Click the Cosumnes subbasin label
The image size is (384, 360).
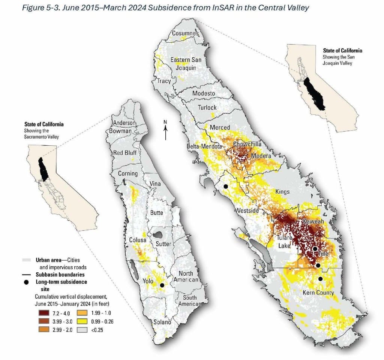pyautogui.click(x=185, y=33)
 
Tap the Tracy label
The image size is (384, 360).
pyautogui.click(x=164, y=81)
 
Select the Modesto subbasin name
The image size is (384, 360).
pyautogui.click(x=204, y=93)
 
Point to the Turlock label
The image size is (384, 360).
pyautogui.click(x=207, y=108)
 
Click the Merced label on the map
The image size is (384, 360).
pyautogui.click(x=220, y=127)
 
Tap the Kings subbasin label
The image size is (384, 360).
pyautogui.click(x=282, y=191)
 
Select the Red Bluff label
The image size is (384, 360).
pyautogui.click(x=125, y=153)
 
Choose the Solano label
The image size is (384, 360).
pyautogui.click(x=162, y=322)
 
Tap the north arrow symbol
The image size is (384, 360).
pyautogui.click(x=165, y=130)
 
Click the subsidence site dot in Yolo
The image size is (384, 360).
pyautogui.click(x=162, y=285)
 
